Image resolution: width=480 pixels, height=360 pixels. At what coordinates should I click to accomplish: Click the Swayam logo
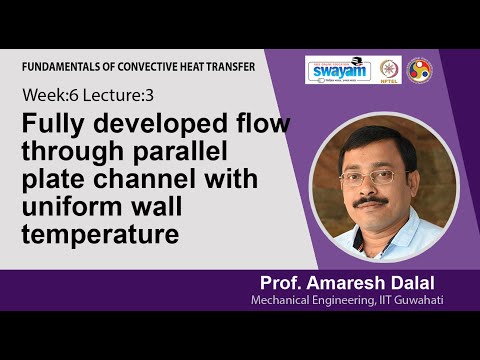coord(339,70)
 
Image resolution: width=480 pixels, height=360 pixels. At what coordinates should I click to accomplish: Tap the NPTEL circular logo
coord(387,70)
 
